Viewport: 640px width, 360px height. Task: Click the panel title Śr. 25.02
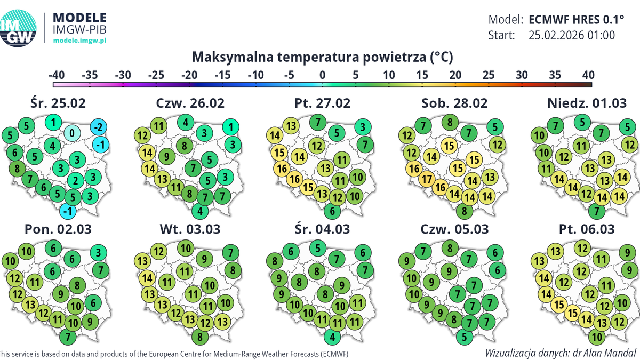pyautogui.click(x=58, y=103)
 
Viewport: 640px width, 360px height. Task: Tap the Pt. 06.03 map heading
pyautogui.click(x=587, y=229)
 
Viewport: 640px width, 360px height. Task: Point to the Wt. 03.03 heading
pyautogui.click(x=190, y=229)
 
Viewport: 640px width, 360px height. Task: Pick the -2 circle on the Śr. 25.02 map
pyautogui.click(x=98, y=127)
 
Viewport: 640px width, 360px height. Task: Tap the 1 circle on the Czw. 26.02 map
pyautogui.click(x=230, y=127)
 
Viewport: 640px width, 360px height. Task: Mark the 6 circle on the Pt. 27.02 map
pyautogui.click(x=333, y=211)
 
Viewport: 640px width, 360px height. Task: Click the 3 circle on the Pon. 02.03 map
pyautogui.click(x=98, y=252)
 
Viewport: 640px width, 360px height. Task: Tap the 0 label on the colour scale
pyautogui.click(x=322, y=75)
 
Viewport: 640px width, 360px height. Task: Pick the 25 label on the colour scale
pyautogui.click(x=488, y=75)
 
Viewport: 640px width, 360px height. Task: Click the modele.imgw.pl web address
pyautogui.click(x=80, y=41)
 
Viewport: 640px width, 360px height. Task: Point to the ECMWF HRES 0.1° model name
pyautogui.click(x=576, y=20)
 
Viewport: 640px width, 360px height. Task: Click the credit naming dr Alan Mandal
pyautogui.click(x=561, y=353)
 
